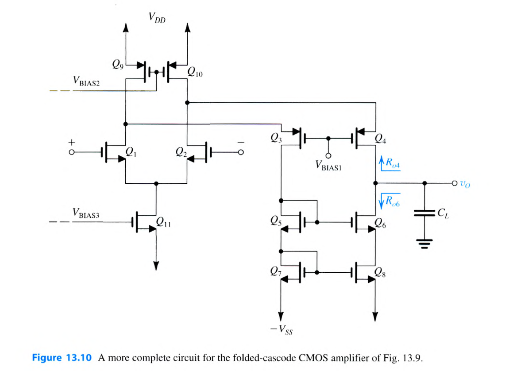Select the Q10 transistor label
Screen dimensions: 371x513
click(x=195, y=73)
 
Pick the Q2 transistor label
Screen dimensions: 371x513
click(x=181, y=152)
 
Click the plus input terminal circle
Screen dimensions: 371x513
click(x=71, y=152)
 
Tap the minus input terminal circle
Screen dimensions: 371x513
click(x=241, y=152)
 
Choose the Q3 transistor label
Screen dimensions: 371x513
click(x=275, y=138)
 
